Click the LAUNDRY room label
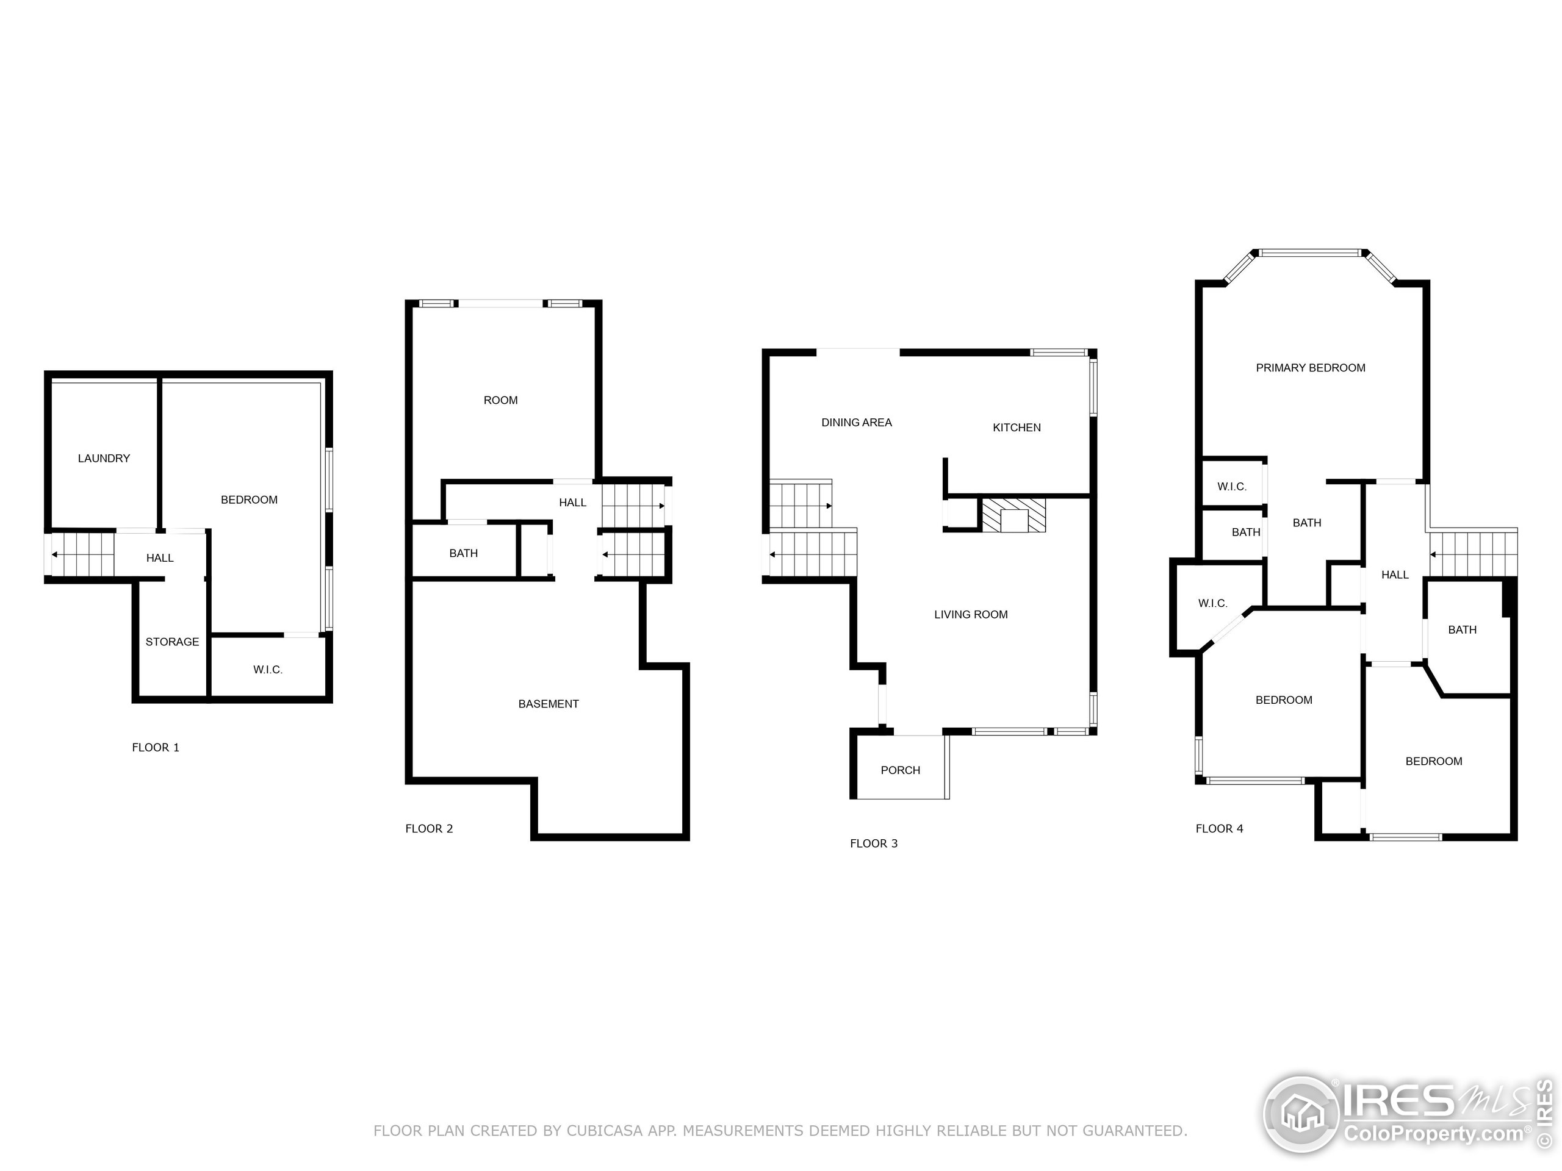pyautogui.click(x=104, y=459)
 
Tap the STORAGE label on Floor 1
pyautogui.click(x=172, y=642)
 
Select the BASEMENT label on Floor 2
pyautogui.click(x=549, y=704)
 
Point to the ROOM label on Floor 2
pyautogui.click(x=501, y=401)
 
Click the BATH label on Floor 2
pyautogui.click(x=463, y=554)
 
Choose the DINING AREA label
pyautogui.click(x=857, y=423)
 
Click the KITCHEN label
pyautogui.click(x=1017, y=428)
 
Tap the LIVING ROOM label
pyautogui.click(x=971, y=615)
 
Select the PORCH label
pyautogui.click(x=901, y=771)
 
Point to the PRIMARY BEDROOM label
pyautogui.click(x=1311, y=368)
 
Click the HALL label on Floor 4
pyautogui.click(x=1395, y=575)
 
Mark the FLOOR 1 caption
pyautogui.click(x=156, y=748)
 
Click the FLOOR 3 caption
pyautogui.click(x=874, y=844)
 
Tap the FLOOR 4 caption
pyautogui.click(x=1220, y=829)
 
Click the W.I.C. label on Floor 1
pyautogui.click(x=268, y=670)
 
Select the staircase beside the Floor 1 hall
pyautogui.click(x=82, y=554)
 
